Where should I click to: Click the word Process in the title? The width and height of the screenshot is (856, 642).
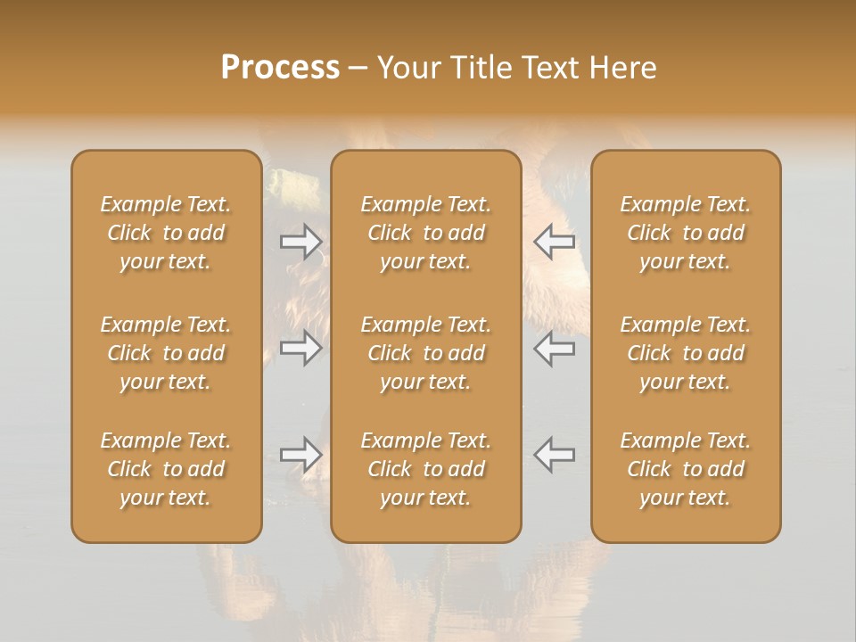[280, 68]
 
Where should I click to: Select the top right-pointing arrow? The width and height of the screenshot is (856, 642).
[300, 242]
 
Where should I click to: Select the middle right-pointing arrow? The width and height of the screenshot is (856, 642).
[300, 348]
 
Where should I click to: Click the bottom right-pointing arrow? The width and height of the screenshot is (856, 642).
[300, 455]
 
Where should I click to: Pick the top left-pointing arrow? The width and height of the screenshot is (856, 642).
[555, 242]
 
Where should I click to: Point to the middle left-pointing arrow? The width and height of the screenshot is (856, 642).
[555, 348]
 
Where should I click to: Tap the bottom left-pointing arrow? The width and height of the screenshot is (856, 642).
[555, 455]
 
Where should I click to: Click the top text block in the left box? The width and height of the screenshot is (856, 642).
[166, 233]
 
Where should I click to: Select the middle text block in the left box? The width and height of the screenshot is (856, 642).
[166, 353]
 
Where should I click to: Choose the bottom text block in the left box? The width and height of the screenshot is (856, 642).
[166, 469]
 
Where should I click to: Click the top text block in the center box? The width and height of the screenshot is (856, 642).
[425, 233]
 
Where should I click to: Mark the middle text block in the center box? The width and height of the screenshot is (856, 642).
[425, 353]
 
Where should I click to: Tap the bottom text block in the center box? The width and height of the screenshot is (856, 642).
[425, 469]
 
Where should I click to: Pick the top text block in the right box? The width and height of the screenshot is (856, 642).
[685, 233]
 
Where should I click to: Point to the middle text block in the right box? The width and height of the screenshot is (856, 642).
[685, 353]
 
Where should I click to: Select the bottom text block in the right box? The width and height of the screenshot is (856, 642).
[685, 469]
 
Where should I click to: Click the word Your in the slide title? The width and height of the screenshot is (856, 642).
[408, 68]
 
